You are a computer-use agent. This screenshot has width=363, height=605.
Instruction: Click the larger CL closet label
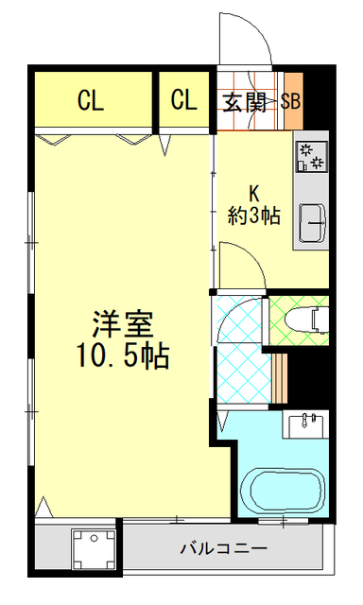tap(91, 100)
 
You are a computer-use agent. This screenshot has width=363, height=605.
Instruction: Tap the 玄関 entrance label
tap(243, 101)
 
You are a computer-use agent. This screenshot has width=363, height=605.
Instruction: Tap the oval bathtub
tap(284, 493)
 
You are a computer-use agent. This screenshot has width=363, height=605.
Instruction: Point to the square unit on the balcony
tap(94, 549)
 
